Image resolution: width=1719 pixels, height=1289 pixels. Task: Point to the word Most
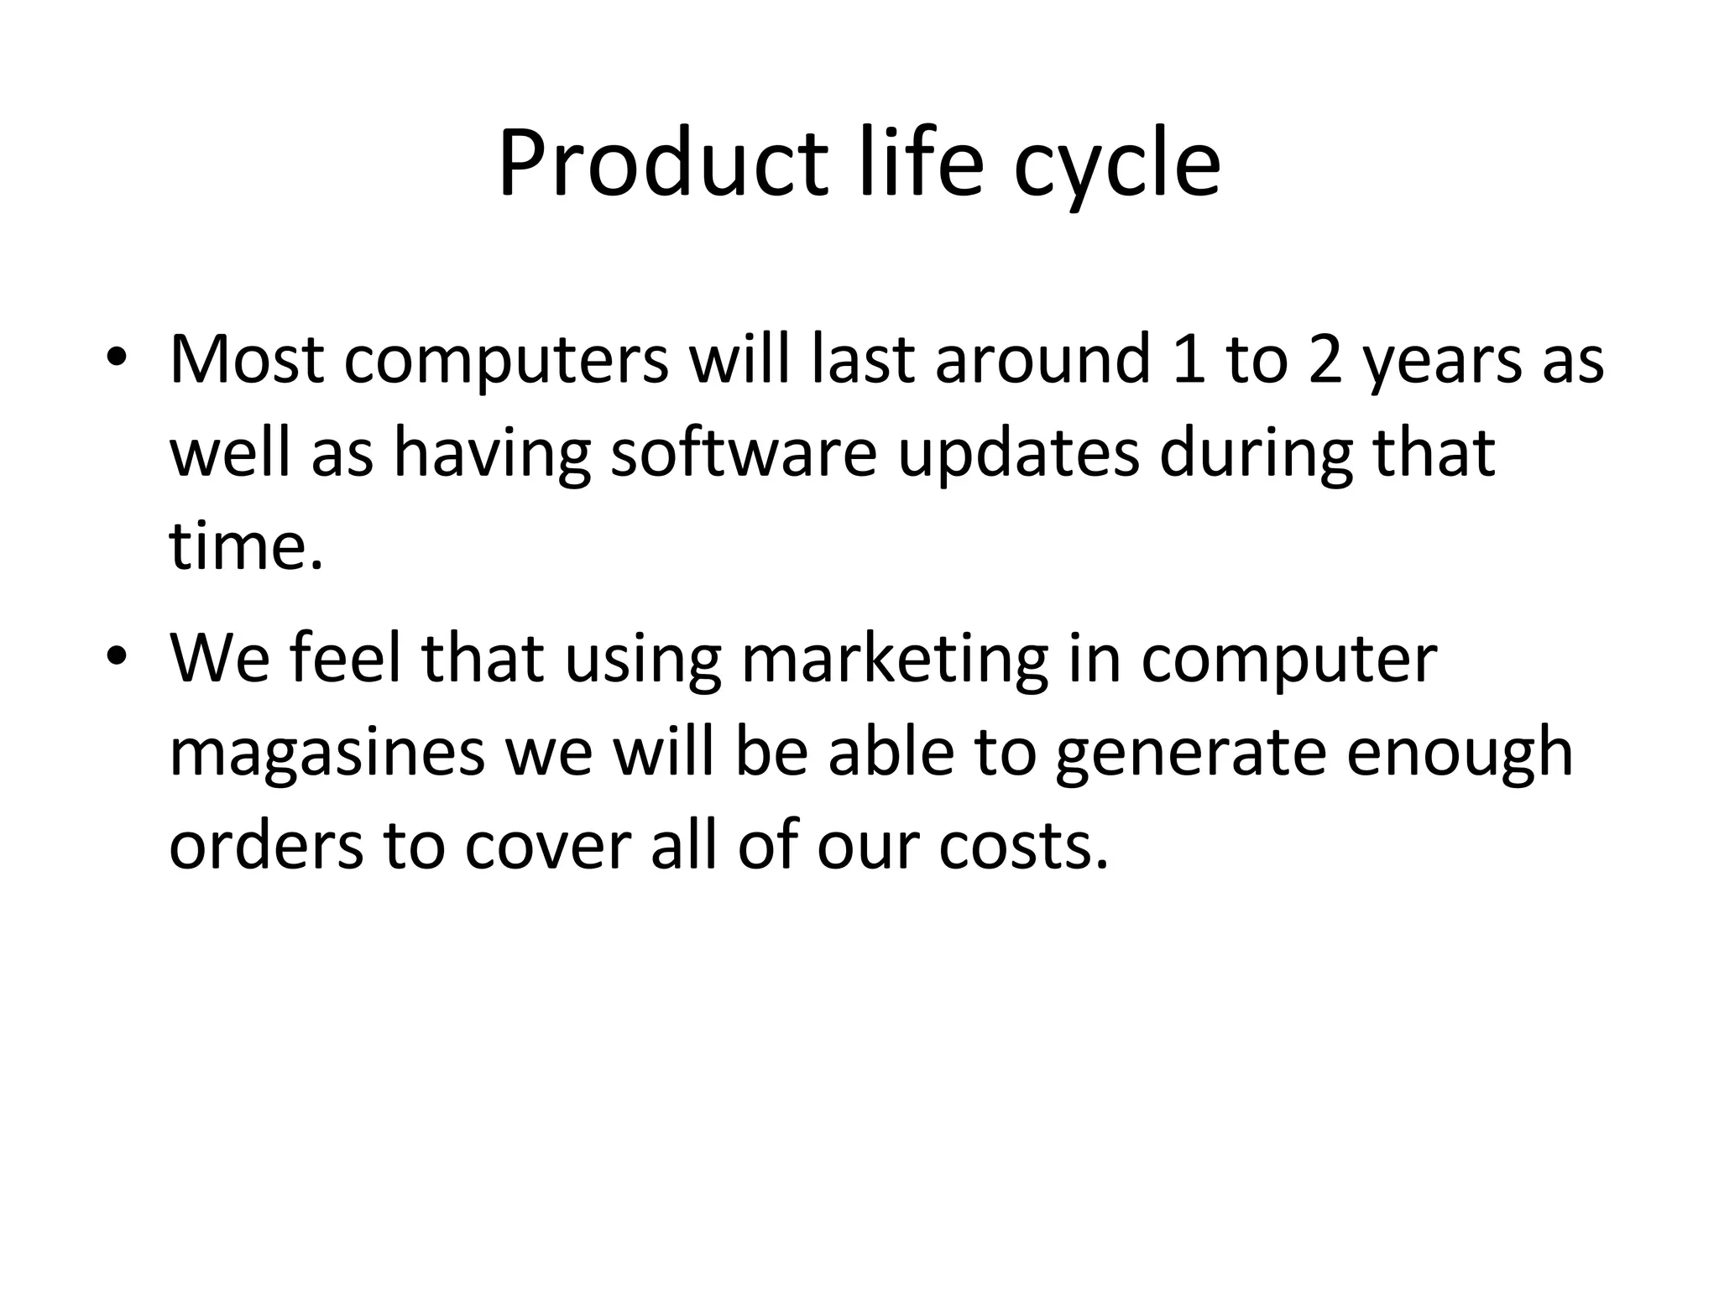pos(247,359)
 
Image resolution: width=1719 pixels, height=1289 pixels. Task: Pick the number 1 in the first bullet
pos(1189,359)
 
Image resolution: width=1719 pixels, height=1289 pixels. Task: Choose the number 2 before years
pos(1326,359)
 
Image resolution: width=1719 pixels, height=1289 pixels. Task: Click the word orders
pos(266,844)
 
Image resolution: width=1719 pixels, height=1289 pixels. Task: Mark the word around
pos(1042,359)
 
